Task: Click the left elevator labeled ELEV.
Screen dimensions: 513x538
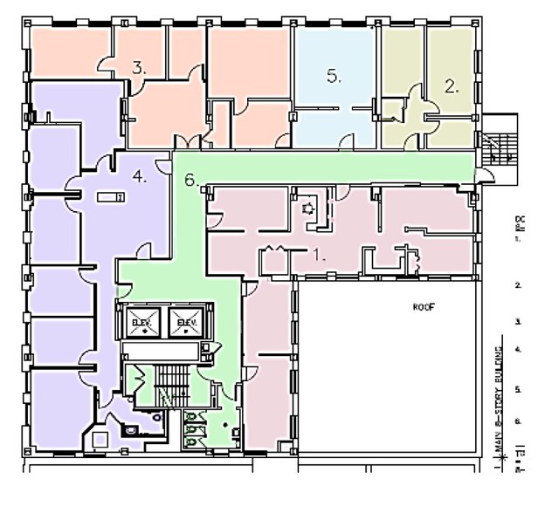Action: coord(141,322)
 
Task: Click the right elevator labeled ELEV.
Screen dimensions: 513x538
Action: coord(185,322)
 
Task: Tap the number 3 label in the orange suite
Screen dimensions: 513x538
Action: coord(138,66)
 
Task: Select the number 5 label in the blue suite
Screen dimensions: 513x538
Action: coord(334,76)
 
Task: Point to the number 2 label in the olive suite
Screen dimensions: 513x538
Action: coord(452,85)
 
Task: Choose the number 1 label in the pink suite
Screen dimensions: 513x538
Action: coord(320,256)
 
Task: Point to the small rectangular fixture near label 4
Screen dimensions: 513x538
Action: coord(110,198)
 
